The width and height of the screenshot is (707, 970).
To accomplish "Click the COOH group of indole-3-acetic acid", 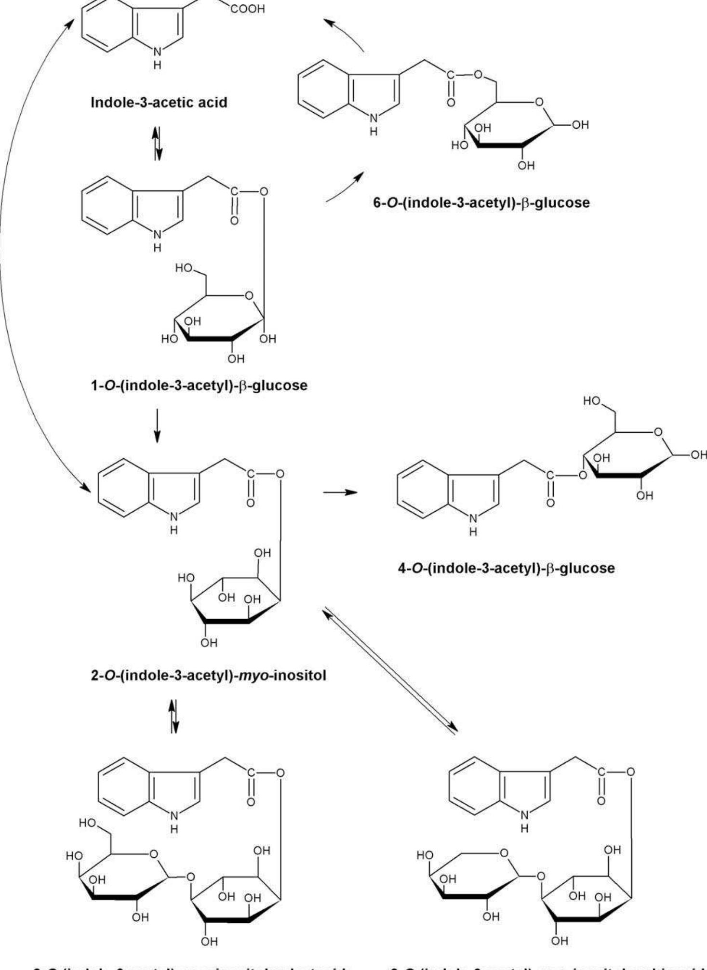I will tap(247, 9).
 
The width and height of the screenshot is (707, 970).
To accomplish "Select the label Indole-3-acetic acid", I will tap(159, 102).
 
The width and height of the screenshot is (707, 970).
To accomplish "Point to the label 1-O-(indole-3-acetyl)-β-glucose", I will tap(199, 385).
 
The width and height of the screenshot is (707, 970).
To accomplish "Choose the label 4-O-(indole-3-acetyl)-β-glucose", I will tap(507, 568).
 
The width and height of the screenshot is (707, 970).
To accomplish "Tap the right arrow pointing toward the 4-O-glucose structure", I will tap(340, 492).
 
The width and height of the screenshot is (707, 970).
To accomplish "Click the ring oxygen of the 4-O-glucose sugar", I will tap(657, 432).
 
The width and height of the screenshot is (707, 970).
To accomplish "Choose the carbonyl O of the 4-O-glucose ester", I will tap(550, 503).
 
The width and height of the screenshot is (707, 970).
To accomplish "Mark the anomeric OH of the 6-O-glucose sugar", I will tap(581, 125).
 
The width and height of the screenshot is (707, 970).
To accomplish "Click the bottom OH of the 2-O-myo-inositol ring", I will tap(209, 643).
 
